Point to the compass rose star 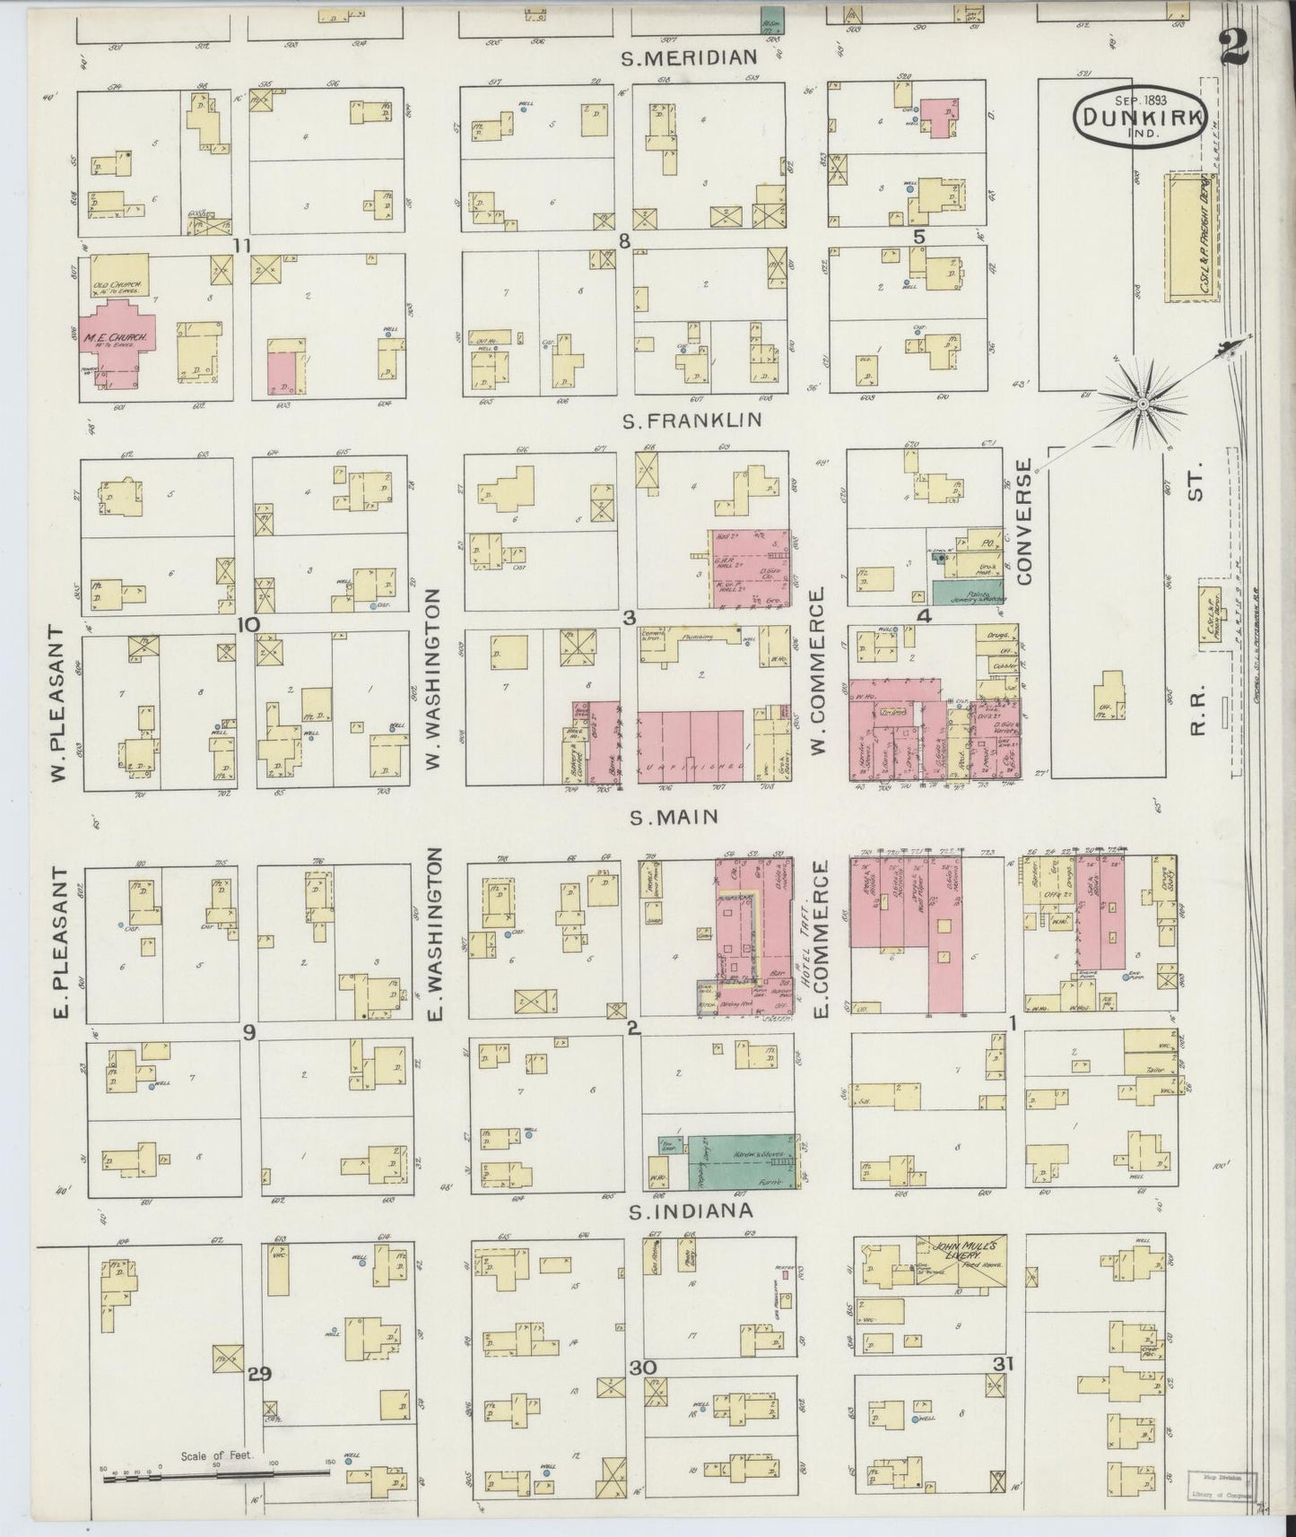pyautogui.click(x=1143, y=405)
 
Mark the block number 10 pyautogui.click(x=248, y=625)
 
